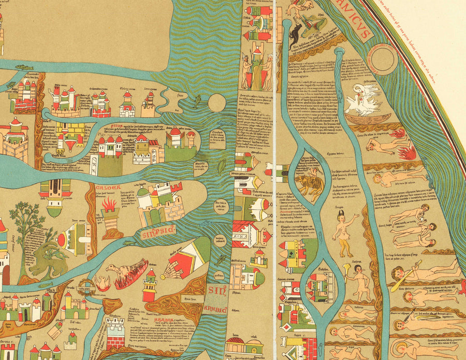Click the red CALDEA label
[x=107, y=187]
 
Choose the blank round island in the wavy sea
[x=217, y=103]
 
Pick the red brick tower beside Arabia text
[x=115, y=332]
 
